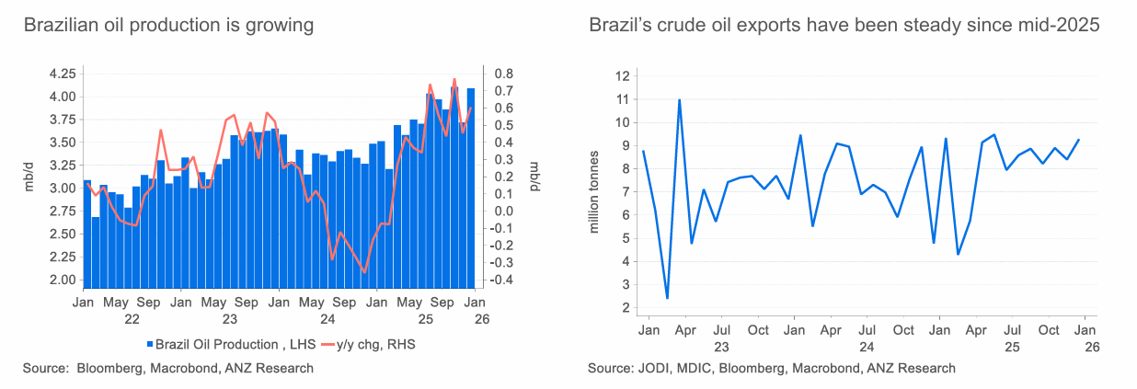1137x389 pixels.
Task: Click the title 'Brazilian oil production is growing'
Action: tap(168, 26)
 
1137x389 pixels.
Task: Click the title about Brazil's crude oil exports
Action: tap(844, 26)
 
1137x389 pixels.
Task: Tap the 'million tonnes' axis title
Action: tap(594, 191)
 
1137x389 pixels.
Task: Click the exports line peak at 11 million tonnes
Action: tap(679, 99)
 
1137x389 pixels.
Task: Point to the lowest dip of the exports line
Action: tap(667, 298)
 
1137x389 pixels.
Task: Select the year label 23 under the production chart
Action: tap(230, 319)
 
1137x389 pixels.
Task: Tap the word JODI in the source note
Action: tap(655, 369)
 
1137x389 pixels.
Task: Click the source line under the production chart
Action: tap(168, 369)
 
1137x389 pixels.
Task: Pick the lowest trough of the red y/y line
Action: tap(364, 272)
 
